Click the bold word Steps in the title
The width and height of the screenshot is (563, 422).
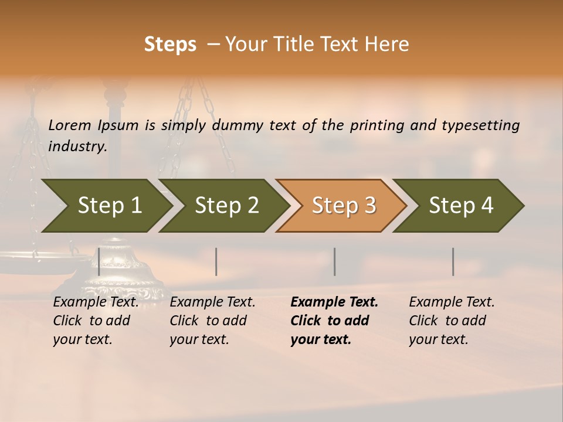(x=170, y=45)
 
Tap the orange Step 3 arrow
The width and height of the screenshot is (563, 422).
(x=343, y=206)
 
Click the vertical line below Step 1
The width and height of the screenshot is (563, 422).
(x=99, y=261)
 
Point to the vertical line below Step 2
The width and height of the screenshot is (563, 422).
(x=216, y=261)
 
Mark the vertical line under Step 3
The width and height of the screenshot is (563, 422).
(x=335, y=261)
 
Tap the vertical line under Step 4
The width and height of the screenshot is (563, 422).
(x=453, y=261)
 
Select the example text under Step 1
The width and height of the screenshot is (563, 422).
(x=96, y=321)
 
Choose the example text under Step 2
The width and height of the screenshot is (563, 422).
(x=212, y=321)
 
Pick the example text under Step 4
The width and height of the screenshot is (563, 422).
(x=451, y=321)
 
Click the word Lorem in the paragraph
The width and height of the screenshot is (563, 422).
(x=70, y=125)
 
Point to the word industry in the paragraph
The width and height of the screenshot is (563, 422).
(x=77, y=147)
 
